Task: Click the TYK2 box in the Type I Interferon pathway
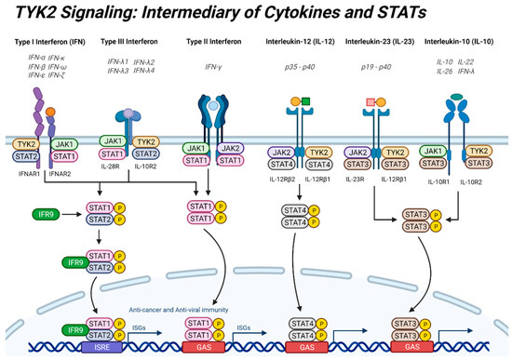(25, 144)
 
